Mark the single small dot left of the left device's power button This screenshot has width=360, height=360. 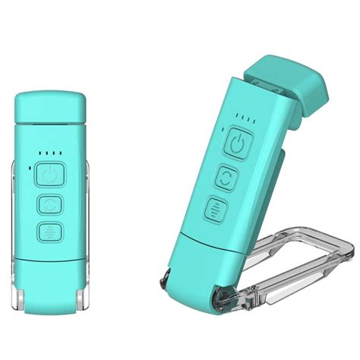click(x=29, y=169)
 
